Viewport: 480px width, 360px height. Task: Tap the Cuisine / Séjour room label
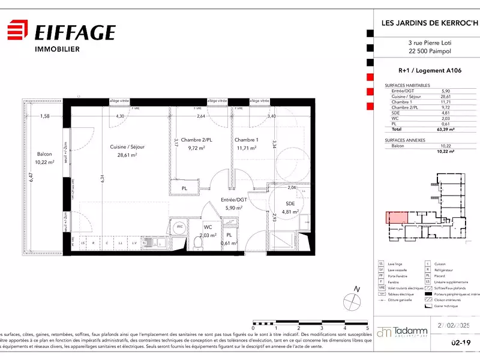(x=127, y=147)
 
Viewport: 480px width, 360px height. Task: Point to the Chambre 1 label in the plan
(x=246, y=140)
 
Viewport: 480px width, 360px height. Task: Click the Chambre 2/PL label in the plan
(x=197, y=140)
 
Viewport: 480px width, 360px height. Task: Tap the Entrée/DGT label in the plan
(x=234, y=200)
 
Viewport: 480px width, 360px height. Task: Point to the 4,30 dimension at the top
(x=119, y=116)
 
